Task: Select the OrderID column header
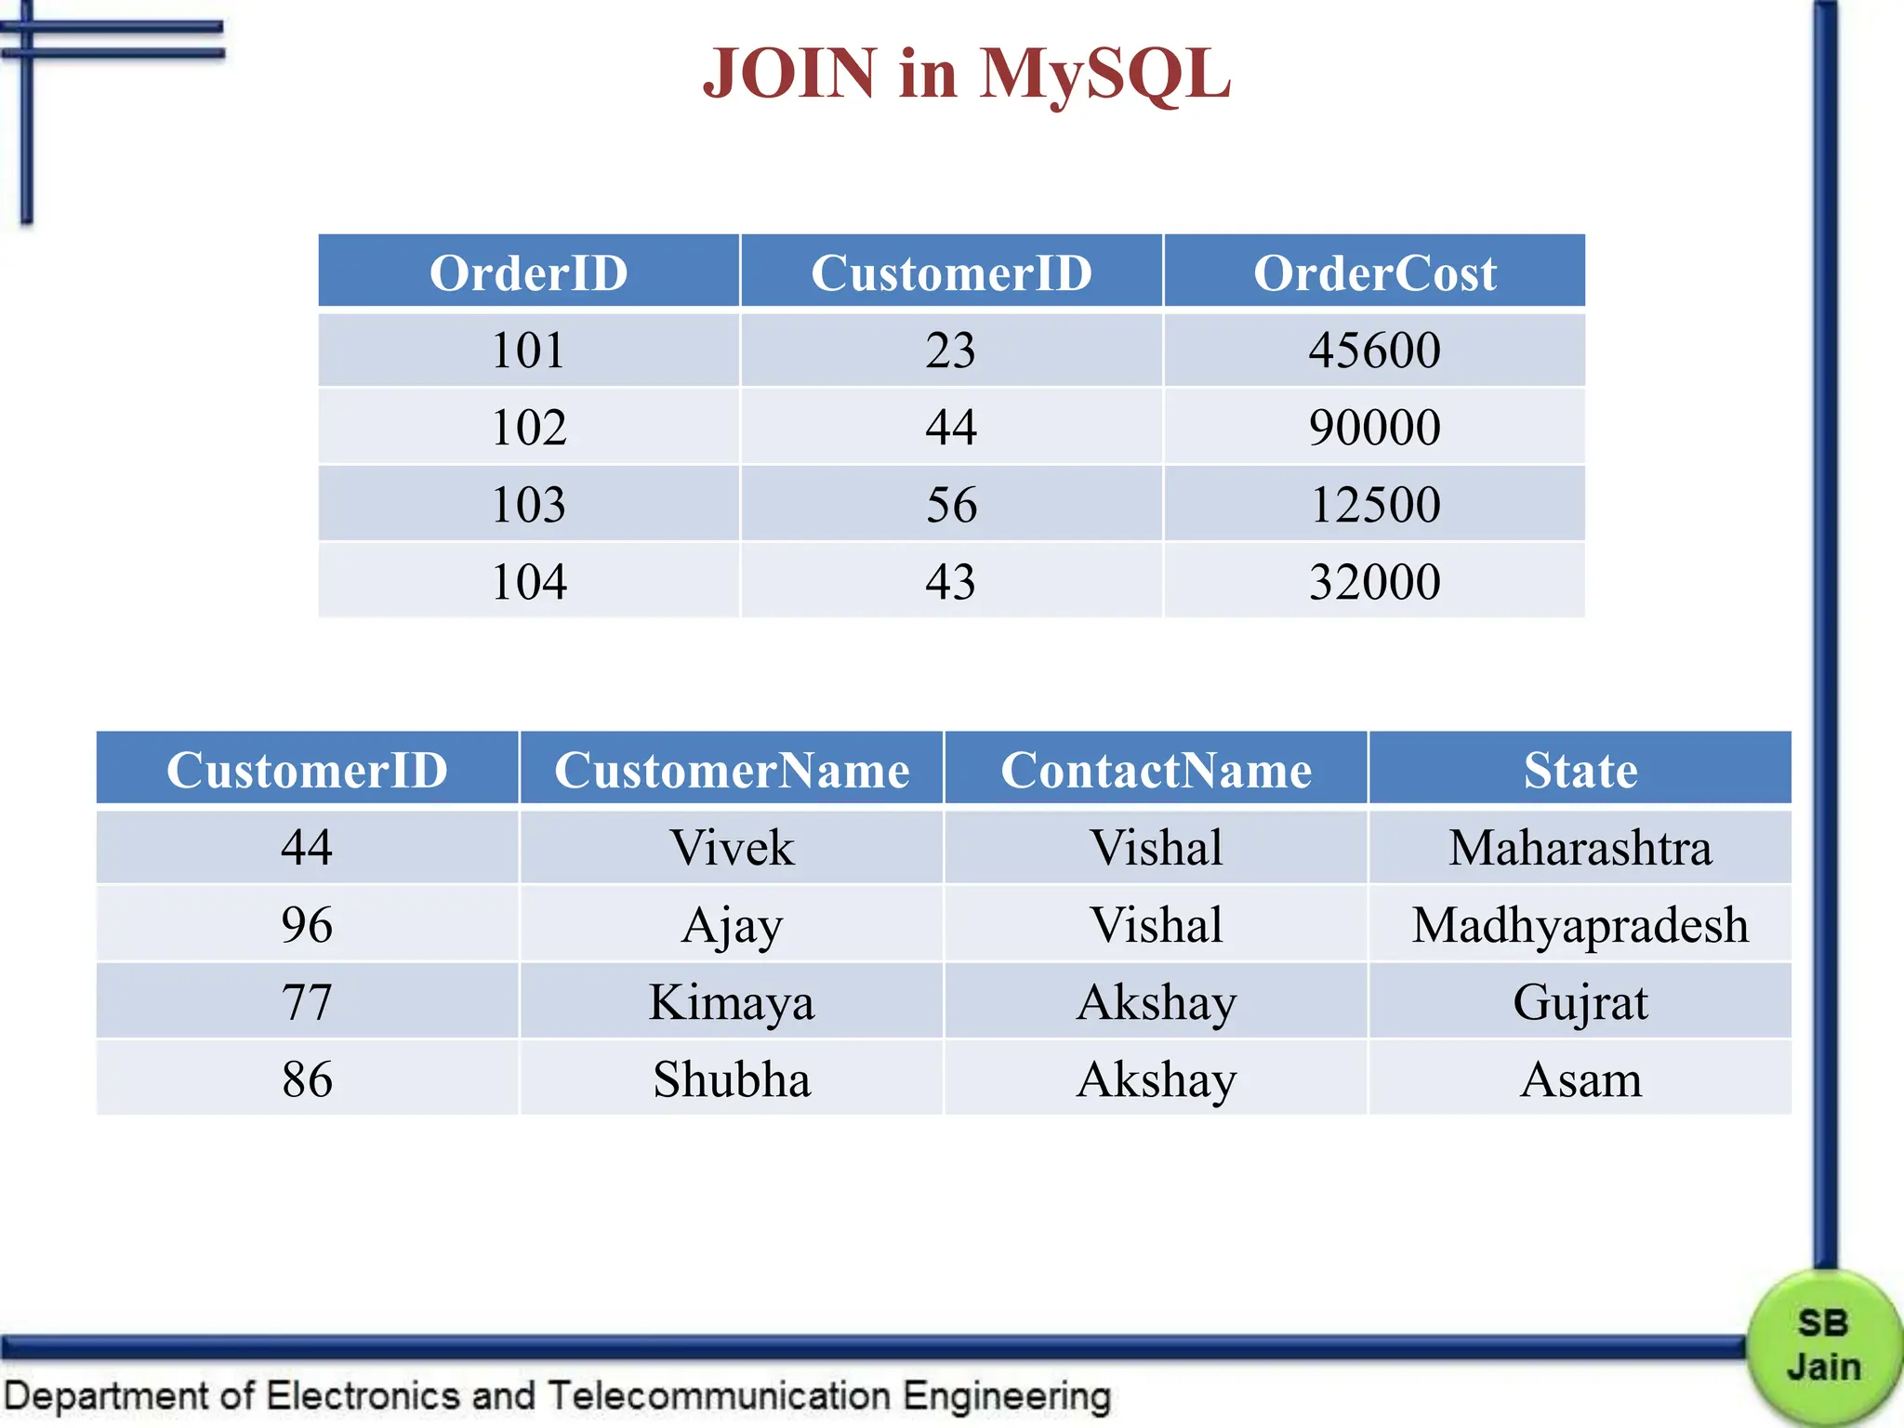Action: pos(528,272)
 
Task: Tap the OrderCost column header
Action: pos(1374,272)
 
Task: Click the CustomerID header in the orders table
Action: pos(951,272)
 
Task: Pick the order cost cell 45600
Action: pos(1374,350)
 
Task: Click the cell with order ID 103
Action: pos(528,505)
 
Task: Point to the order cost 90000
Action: pos(1374,428)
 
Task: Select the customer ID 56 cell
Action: pos(951,505)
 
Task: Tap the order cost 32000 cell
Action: pos(1374,582)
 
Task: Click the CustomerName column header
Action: pos(732,770)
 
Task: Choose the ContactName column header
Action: pos(1156,770)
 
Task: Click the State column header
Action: pos(1580,770)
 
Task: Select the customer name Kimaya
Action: pos(732,1002)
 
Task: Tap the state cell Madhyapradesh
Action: pos(1580,925)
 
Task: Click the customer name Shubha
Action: pos(732,1079)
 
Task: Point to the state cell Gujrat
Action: pos(1580,1002)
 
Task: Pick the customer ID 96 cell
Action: pos(307,925)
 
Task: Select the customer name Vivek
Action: pos(732,848)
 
